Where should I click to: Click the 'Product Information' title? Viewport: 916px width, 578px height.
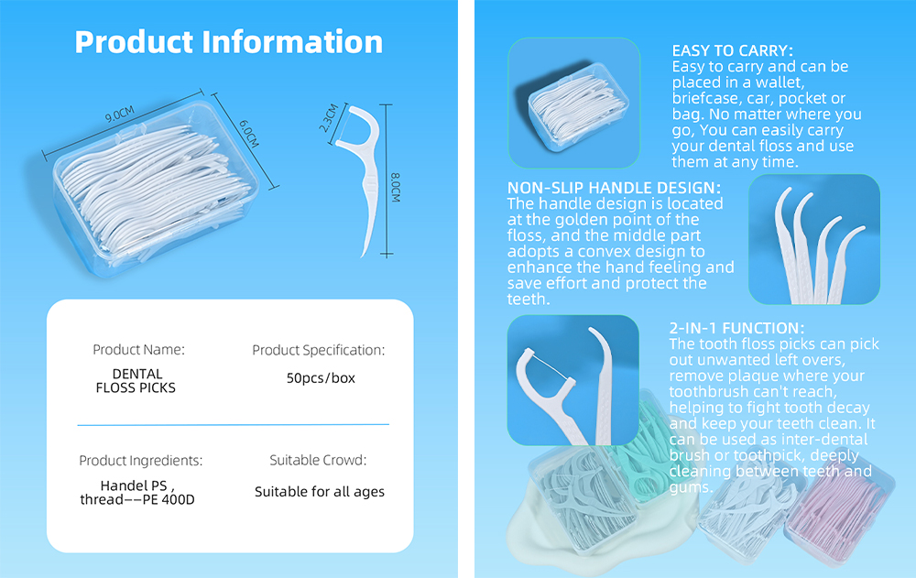(x=229, y=42)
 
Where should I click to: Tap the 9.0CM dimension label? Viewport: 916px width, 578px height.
(x=119, y=114)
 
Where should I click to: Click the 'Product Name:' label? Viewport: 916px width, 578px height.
(x=138, y=350)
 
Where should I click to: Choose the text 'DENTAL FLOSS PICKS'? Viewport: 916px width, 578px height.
(x=136, y=381)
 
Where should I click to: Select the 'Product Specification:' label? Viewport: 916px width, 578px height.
(x=318, y=350)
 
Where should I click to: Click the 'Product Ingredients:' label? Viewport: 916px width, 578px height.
(x=140, y=461)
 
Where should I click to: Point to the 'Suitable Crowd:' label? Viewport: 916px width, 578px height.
(x=318, y=461)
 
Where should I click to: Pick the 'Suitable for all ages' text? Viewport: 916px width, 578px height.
(x=319, y=492)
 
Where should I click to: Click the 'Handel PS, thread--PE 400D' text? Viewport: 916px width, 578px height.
(x=137, y=492)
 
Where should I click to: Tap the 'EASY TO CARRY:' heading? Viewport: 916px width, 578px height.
(x=732, y=51)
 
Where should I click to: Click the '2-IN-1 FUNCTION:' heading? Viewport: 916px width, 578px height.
(x=736, y=328)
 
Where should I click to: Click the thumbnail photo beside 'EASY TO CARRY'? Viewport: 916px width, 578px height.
(x=574, y=104)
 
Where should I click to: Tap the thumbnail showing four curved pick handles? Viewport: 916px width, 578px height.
(x=814, y=239)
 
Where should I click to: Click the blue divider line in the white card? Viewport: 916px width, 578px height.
(x=233, y=424)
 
